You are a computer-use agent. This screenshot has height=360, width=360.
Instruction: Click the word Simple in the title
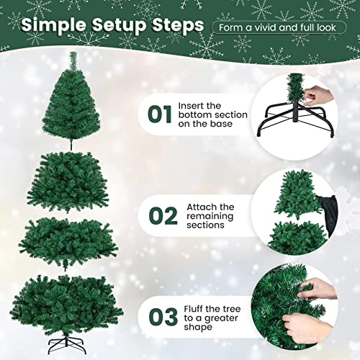[53, 25]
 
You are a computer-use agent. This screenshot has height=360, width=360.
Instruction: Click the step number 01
[159, 115]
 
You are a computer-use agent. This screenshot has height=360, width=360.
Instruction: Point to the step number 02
[159, 216]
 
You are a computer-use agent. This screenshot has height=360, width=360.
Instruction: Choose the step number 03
[159, 317]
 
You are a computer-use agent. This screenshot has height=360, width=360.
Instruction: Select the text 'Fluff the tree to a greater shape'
[215, 317]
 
